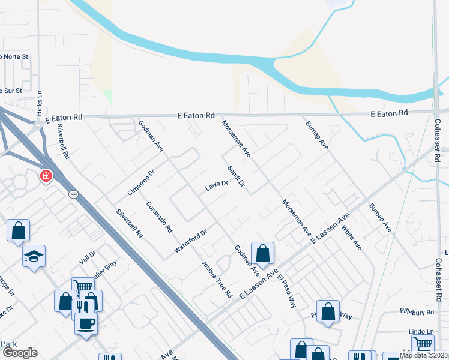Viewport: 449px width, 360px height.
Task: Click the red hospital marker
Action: pos(45,176)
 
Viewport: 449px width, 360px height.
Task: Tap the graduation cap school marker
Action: pos(34,257)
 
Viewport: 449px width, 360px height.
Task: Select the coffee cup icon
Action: pos(86,324)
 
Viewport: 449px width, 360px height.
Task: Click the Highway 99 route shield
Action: pos(73,194)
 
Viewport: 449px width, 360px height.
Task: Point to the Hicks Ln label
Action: pos(40,103)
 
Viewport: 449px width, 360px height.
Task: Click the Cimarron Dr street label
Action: pos(141,182)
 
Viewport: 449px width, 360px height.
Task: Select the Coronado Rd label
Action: pos(159,217)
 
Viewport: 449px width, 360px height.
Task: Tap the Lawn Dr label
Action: pos(217,186)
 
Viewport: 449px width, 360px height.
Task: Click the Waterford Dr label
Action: pos(190,240)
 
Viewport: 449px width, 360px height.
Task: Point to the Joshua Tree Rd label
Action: pos(216,279)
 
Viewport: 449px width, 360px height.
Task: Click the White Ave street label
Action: pos(352,238)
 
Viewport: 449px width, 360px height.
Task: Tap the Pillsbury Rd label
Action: pos(417,313)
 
